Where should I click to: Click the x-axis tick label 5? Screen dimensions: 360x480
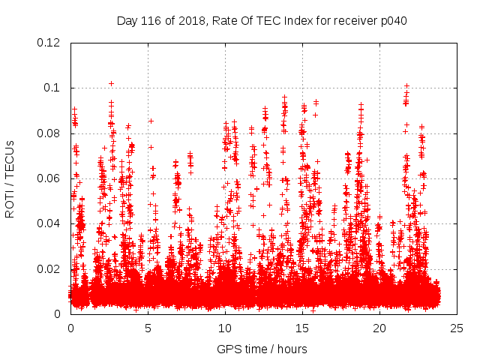coord(148,328)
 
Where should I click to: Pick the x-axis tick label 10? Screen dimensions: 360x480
coord(225,328)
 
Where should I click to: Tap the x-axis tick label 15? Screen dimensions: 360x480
coord(302,328)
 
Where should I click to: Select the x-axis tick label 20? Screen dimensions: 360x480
coord(379,328)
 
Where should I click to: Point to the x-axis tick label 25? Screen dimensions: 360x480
coord(457,328)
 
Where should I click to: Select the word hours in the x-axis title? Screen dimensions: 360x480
coord(291,349)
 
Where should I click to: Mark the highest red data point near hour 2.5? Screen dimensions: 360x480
coord(111,83)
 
